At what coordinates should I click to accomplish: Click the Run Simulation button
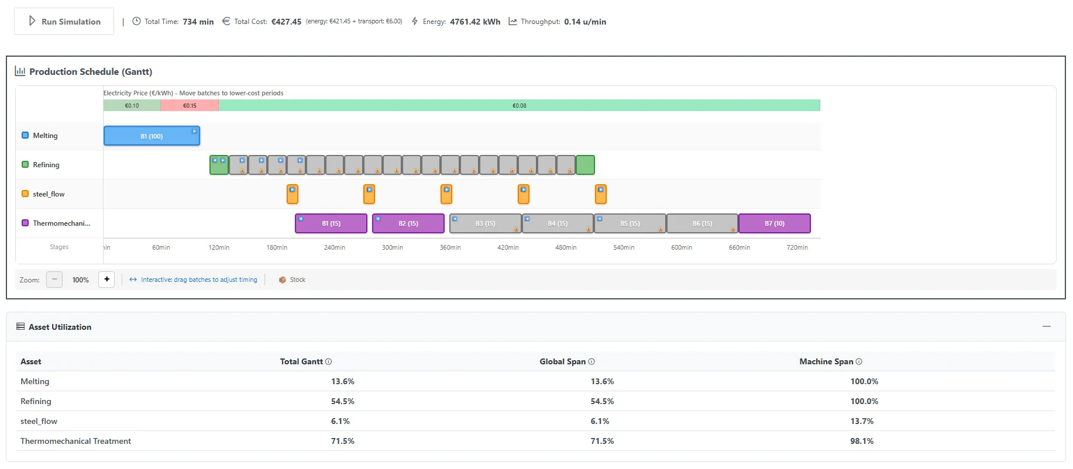coord(64,22)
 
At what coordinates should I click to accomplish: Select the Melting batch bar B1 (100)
coord(152,136)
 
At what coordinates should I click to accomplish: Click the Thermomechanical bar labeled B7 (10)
coord(775,223)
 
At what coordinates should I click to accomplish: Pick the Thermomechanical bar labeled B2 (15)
coord(408,223)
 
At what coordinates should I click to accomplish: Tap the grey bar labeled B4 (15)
coord(558,223)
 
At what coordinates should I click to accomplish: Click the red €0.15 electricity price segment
coord(190,106)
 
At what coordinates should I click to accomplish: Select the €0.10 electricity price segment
coord(132,106)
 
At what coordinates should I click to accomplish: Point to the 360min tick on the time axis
coord(450,247)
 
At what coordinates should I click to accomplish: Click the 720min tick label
coord(797,247)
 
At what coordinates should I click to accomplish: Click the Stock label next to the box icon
coord(298,280)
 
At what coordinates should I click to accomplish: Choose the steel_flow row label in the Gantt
coord(49,194)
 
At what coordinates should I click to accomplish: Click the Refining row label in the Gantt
coord(46,165)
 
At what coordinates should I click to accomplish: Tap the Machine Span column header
coord(826,361)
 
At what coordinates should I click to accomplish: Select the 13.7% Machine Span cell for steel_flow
coord(862,421)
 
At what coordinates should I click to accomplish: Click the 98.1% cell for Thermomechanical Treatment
coord(862,441)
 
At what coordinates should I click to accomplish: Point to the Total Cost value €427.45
coord(286,22)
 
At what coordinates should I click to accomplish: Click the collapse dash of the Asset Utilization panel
coord(1047,326)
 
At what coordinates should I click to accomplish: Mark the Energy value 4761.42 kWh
coord(475,22)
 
